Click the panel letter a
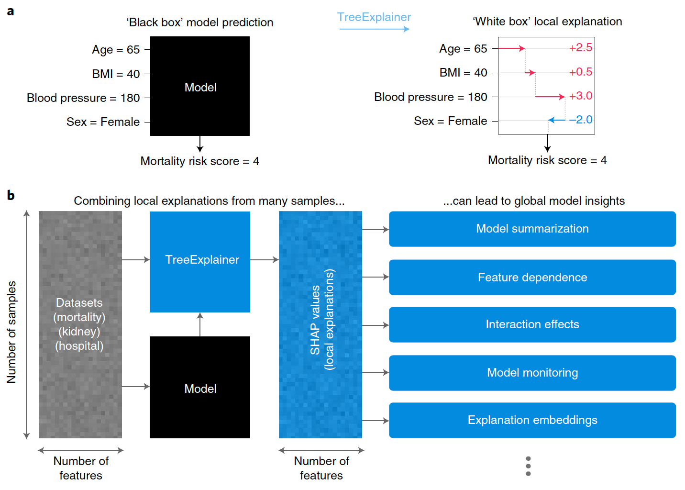point(11,11)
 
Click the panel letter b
point(11,195)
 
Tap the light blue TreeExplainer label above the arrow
point(374,17)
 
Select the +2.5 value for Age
point(580,47)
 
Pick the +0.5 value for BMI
point(580,72)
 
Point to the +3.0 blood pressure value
point(580,96)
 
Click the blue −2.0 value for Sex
point(580,120)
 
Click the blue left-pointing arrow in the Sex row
point(557,120)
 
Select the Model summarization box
point(532,229)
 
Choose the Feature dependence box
point(532,277)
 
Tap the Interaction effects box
point(532,324)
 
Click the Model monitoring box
point(532,373)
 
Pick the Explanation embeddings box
point(532,420)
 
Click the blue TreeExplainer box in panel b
point(199,262)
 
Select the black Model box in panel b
point(199,387)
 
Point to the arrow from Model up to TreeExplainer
point(200,324)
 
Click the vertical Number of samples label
point(11,332)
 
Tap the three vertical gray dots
point(528,466)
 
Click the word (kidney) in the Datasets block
point(79,331)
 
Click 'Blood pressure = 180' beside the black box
point(83,98)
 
